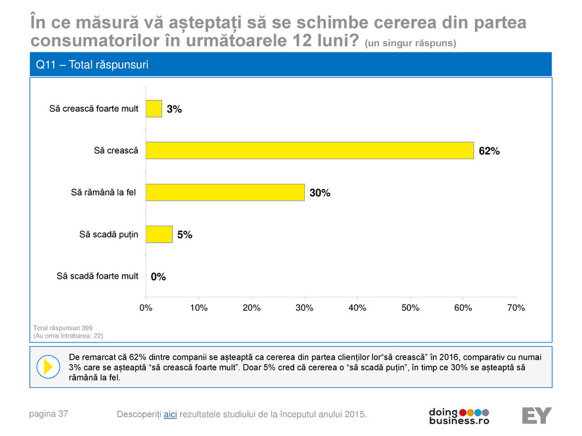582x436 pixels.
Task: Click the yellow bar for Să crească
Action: click(x=309, y=150)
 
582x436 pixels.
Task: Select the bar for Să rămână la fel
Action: click(x=225, y=192)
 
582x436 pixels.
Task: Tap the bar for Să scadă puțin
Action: click(x=159, y=234)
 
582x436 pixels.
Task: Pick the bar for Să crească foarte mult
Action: click(x=154, y=109)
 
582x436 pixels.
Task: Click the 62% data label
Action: click(x=489, y=151)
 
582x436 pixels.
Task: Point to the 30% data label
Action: click(x=320, y=193)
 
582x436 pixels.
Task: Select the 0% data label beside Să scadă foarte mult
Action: click(x=158, y=276)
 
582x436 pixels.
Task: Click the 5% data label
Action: click(x=184, y=234)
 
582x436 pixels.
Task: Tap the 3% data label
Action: click(x=174, y=109)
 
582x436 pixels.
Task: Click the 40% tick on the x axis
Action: click(x=357, y=308)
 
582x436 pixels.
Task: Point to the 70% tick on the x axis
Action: click(x=516, y=308)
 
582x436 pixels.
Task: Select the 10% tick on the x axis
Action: click(x=199, y=308)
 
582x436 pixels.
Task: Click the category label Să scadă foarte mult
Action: click(x=97, y=276)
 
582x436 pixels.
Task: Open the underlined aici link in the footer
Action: click(x=170, y=414)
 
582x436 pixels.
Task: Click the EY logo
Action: click(x=536, y=415)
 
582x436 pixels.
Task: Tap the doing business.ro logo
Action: click(x=459, y=416)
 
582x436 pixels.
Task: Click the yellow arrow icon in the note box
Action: click(x=48, y=366)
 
